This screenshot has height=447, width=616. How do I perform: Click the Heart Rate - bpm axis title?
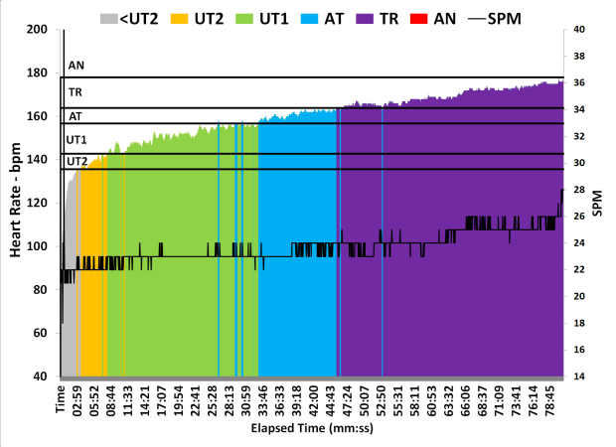point(16,204)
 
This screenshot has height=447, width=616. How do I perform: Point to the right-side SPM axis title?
point(600,204)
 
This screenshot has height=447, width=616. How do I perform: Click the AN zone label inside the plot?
point(76,67)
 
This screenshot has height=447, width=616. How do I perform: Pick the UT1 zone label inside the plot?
point(77,140)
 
